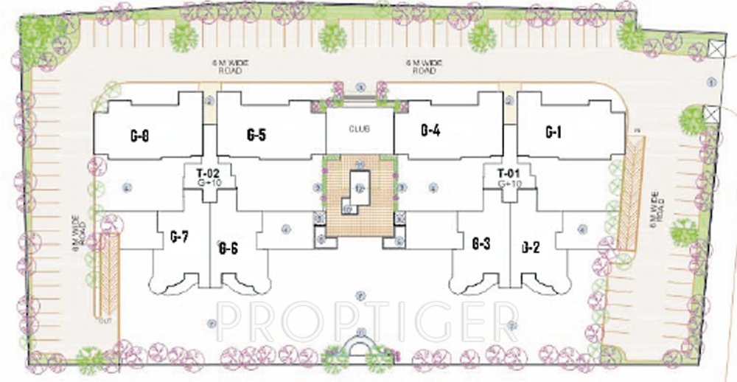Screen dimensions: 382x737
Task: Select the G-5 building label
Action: point(256,135)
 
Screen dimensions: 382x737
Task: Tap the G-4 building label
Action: point(430,131)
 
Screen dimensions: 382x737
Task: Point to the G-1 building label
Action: point(553,132)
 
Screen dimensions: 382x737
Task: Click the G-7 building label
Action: point(179,237)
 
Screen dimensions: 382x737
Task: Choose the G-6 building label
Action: point(228,249)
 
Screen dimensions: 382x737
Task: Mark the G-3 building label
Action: point(481,243)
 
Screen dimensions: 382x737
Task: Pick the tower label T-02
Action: point(208,174)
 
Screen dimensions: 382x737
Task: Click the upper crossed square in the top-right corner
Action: point(714,49)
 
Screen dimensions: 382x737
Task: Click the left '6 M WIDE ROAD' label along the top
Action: point(233,67)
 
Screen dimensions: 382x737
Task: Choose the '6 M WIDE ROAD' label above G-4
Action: point(421,67)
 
